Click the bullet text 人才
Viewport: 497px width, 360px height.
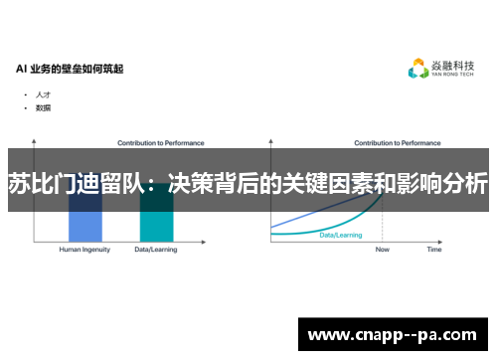(43, 94)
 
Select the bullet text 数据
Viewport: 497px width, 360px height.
(43, 106)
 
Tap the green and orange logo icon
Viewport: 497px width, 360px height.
(418, 70)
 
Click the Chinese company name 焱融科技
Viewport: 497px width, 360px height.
(453, 66)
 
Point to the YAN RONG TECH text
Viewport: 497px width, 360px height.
(453, 77)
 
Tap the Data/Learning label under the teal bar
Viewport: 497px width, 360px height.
(156, 250)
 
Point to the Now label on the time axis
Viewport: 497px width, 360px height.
(383, 250)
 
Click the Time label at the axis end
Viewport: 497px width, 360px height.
(434, 250)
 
